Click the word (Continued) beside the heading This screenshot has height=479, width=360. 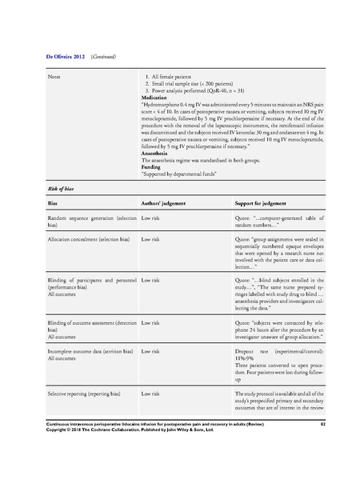(107, 58)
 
